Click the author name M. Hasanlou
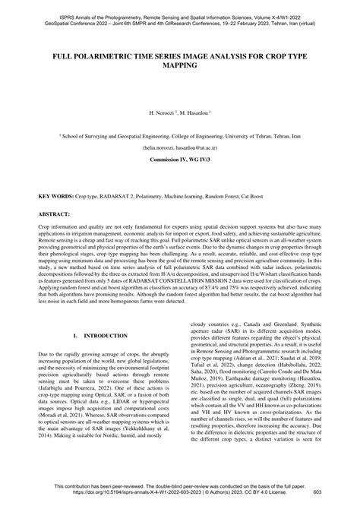[x=194, y=112]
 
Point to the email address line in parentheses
[x=180, y=149]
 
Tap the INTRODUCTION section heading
[x=102, y=312]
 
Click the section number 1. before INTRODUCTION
[x=74, y=312]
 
